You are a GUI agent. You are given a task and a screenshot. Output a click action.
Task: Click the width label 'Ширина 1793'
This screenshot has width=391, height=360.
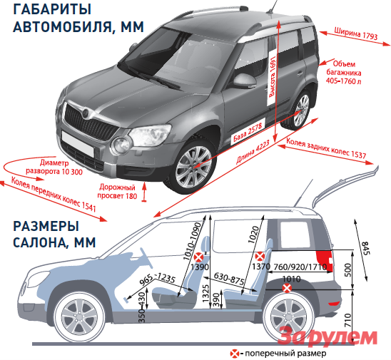[x=356, y=33]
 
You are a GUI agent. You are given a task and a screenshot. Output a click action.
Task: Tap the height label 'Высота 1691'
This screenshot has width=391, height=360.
[x=273, y=76]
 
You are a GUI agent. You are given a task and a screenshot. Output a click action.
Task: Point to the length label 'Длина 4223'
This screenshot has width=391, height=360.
[x=253, y=152]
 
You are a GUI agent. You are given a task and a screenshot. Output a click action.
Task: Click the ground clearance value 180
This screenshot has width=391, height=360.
[x=131, y=196]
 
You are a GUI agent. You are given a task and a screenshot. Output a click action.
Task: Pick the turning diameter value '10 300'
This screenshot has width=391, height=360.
[x=71, y=171]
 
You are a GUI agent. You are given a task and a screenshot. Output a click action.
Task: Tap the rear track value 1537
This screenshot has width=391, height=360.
[x=358, y=154]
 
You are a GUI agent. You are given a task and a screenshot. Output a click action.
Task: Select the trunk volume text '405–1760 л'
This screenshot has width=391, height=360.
[x=343, y=81]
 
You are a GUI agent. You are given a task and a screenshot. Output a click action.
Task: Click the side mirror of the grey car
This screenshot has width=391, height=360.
[x=244, y=81]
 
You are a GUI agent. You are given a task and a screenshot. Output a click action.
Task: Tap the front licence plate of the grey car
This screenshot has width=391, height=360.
[x=78, y=143]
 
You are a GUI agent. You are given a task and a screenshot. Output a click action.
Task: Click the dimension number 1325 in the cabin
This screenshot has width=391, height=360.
[x=205, y=293]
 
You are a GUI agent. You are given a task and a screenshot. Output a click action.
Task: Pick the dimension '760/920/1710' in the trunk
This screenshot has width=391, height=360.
[x=300, y=267]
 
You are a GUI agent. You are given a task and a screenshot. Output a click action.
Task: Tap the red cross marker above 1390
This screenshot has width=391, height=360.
[x=199, y=257]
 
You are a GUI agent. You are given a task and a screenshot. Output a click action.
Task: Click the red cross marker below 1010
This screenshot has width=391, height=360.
[x=287, y=288]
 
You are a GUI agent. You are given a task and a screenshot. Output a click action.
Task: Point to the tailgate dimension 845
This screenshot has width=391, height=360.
[x=365, y=248]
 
